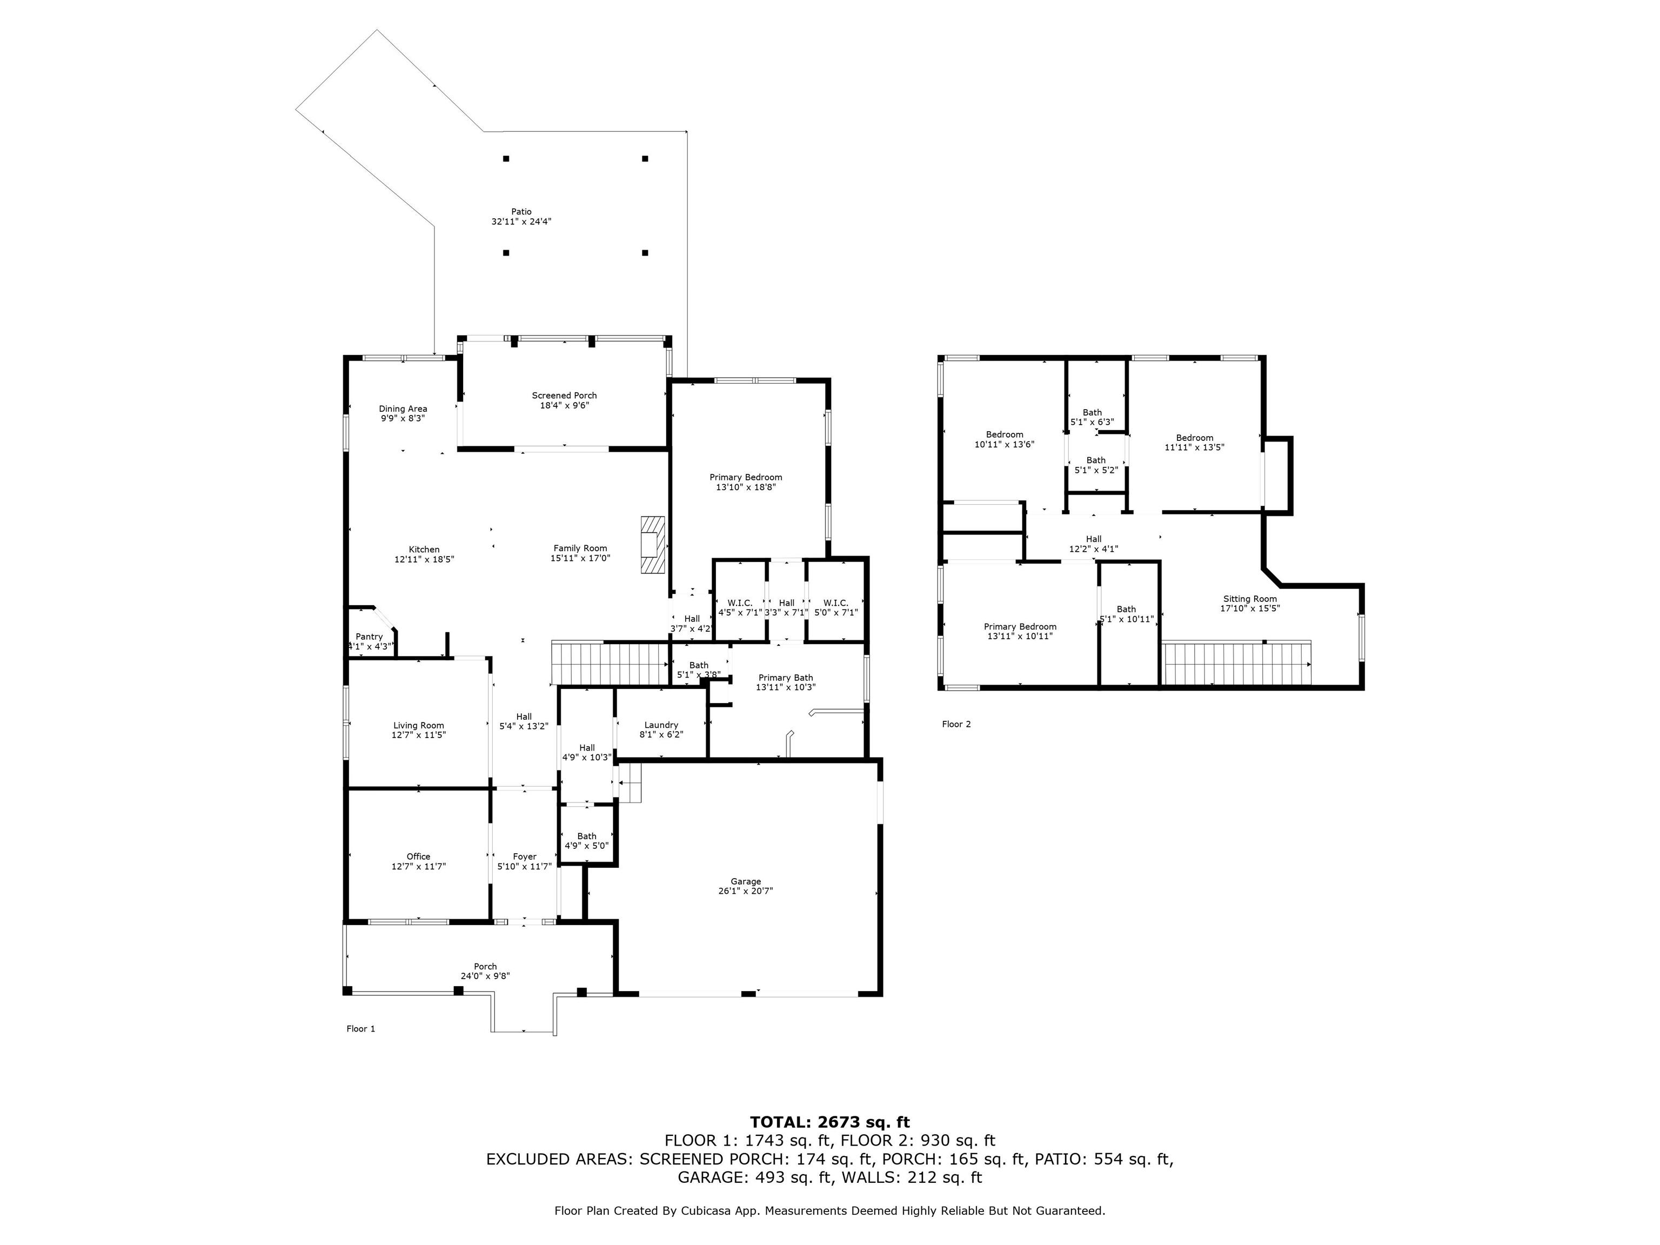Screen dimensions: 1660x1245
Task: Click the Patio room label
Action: pos(521,212)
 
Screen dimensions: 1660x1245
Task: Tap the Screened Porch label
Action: pos(564,396)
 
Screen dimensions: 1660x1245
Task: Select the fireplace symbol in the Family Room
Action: pos(653,545)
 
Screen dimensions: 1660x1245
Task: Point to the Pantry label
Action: pos(369,637)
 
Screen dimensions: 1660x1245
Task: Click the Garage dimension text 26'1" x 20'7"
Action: pos(745,891)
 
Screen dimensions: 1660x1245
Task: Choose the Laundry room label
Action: pos(661,725)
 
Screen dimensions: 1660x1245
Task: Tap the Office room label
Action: pos(419,856)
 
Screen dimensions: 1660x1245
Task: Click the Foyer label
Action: pos(525,856)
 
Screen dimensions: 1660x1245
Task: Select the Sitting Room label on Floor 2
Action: pos(1249,599)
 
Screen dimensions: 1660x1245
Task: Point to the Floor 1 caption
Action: pos(361,1029)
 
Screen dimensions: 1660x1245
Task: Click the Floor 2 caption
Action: pos(957,724)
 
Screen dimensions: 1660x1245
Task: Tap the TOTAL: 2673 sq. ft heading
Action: pos(830,1122)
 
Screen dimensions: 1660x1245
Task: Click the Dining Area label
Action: pos(403,409)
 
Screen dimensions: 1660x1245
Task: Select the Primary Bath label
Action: pos(786,678)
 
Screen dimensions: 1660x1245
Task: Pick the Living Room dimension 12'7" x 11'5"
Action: pos(419,735)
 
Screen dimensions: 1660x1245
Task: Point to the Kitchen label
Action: pos(424,550)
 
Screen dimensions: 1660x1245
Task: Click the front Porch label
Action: pos(486,967)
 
